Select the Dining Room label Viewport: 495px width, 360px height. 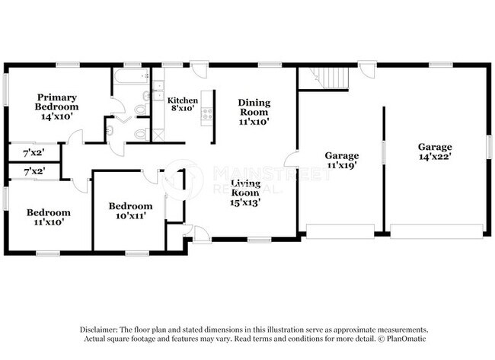point(254,111)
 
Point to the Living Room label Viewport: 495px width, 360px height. point(246,193)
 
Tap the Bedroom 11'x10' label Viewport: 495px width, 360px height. point(48,217)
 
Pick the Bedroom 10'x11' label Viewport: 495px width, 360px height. point(130,210)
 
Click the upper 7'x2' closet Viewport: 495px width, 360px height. point(34,152)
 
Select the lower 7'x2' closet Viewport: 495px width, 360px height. point(34,172)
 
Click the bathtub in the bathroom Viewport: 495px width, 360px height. point(130,77)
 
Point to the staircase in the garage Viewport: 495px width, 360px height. point(332,78)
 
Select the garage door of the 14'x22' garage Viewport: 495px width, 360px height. point(436,230)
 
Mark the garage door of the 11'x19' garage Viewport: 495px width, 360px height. point(340,230)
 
